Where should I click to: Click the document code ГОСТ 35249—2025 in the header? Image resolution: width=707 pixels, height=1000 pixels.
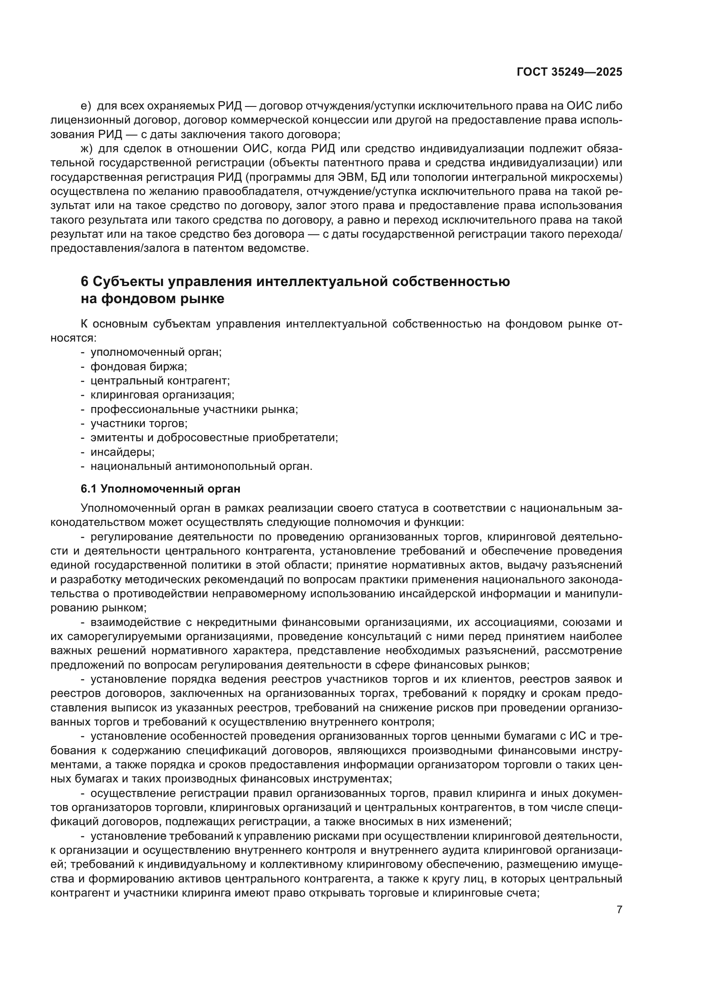tap(569, 72)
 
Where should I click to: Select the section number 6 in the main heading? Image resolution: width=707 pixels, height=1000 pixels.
tap(85, 282)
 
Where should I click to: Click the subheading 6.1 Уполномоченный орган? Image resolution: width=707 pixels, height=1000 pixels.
tap(160, 489)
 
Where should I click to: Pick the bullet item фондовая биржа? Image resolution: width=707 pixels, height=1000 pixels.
tap(138, 367)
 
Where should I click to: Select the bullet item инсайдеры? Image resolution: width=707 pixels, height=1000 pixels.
tap(122, 452)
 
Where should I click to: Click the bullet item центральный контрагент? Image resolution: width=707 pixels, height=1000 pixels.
tap(160, 381)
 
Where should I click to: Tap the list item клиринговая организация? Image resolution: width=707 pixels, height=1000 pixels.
tap(162, 395)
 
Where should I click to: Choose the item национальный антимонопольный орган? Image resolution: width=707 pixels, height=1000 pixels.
tap(201, 466)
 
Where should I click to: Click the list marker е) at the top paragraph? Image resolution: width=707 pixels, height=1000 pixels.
tap(86, 106)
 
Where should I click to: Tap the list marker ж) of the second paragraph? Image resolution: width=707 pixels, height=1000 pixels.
tap(87, 148)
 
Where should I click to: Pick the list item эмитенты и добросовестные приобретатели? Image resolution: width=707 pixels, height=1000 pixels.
tap(214, 438)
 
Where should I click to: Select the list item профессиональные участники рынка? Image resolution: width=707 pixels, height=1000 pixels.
tap(194, 410)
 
